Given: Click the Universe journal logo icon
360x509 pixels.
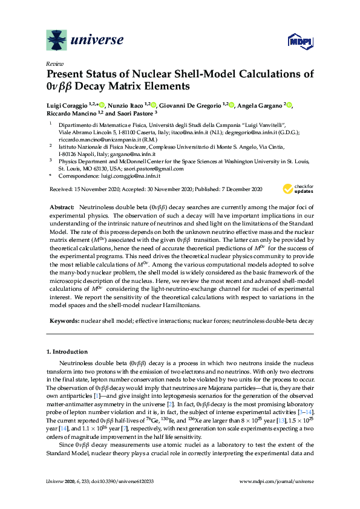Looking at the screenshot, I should (x=57, y=41).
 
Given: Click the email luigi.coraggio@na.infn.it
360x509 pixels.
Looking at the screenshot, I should (x=130, y=176).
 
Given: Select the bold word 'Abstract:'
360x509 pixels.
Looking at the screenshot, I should (x=63, y=207).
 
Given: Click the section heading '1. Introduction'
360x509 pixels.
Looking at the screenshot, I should (x=67, y=351).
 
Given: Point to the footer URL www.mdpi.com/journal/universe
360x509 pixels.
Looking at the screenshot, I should (x=277, y=482).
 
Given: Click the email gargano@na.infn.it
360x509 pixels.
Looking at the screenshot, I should (x=134, y=155).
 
